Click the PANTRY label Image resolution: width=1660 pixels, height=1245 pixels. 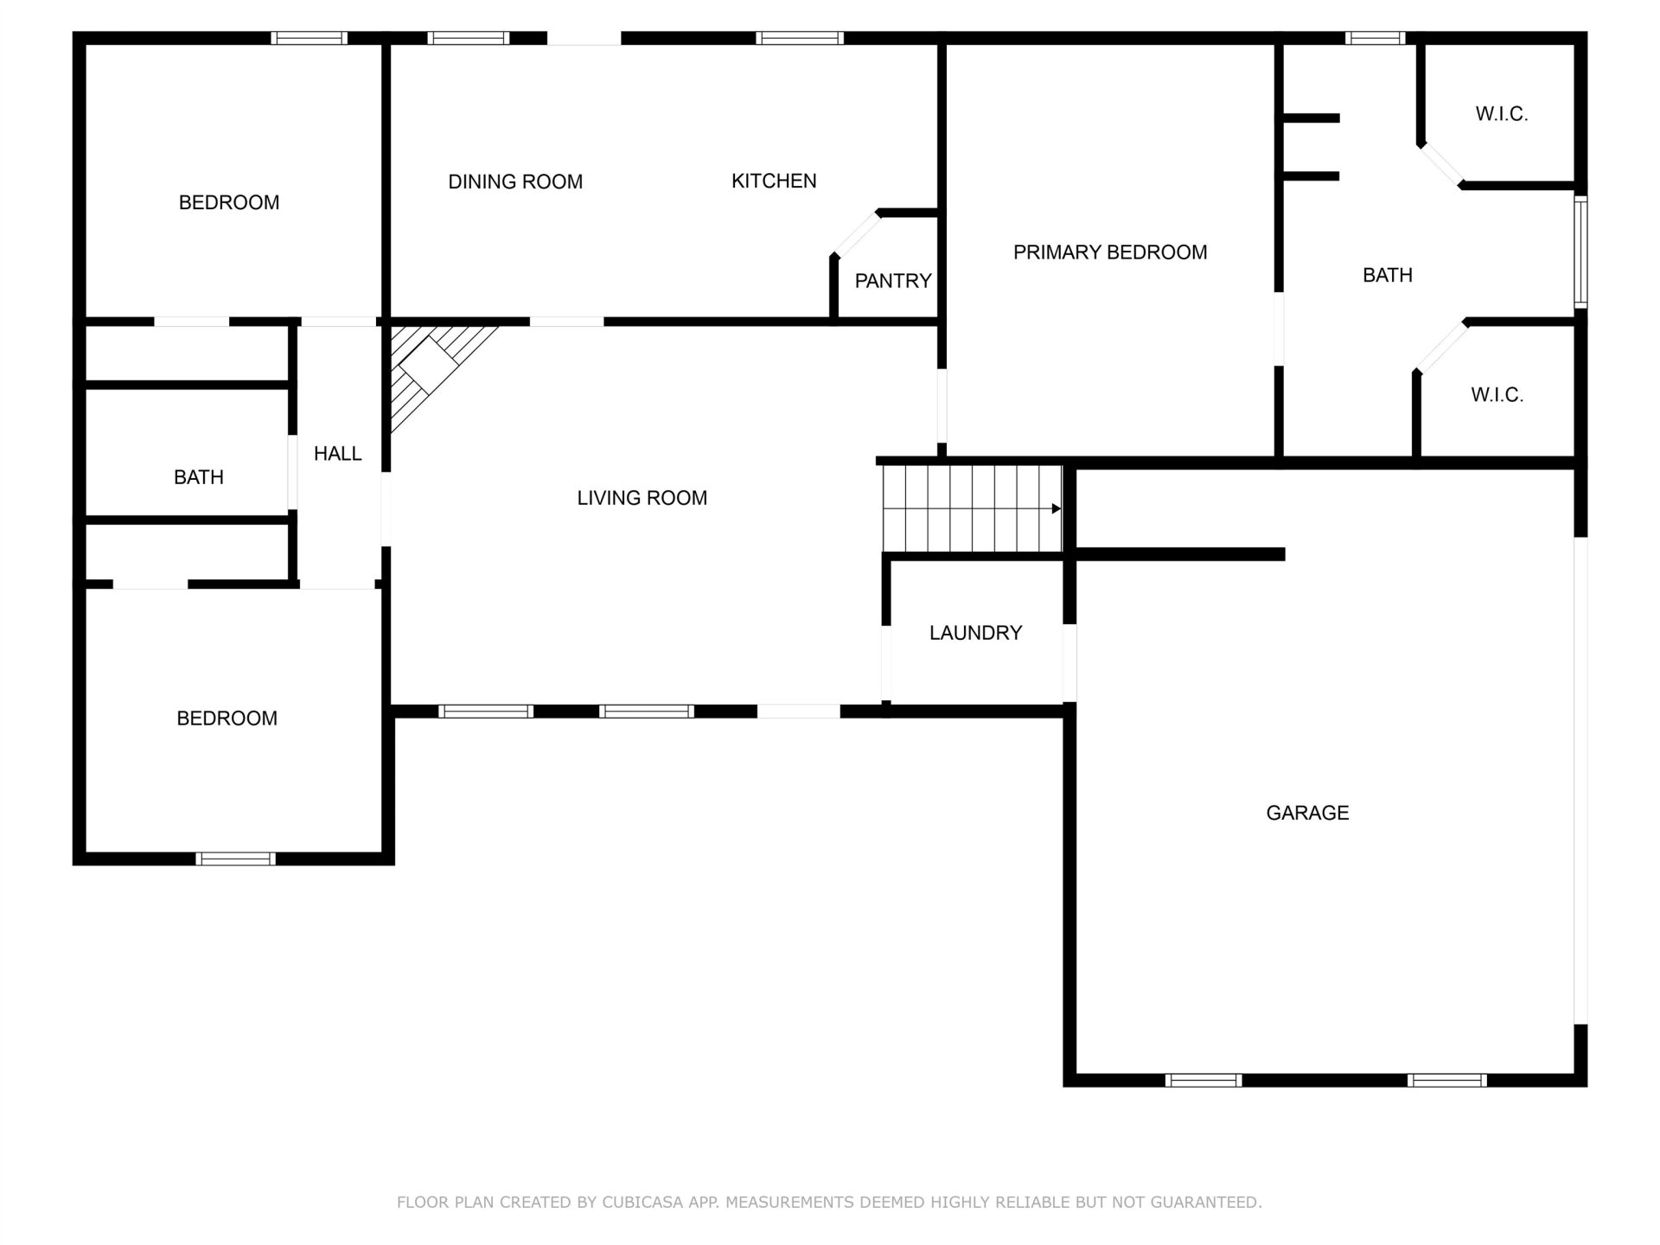893,281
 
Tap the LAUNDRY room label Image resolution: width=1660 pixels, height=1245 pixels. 975,633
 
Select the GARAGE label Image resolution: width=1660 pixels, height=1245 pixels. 1307,813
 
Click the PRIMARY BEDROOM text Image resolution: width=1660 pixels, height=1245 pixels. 1110,252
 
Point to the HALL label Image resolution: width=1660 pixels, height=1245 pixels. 337,454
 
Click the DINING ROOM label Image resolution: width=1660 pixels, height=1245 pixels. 515,182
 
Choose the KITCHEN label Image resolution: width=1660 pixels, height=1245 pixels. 774,181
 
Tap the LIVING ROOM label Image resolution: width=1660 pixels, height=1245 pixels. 642,498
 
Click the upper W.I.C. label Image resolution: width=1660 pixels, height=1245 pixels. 1502,114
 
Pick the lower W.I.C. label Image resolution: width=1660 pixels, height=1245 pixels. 1497,395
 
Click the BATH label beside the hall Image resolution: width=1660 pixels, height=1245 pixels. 199,477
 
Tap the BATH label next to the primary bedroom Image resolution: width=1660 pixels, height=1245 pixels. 1388,275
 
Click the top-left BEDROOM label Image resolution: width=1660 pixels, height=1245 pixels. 229,202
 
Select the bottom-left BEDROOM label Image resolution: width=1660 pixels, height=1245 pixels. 227,718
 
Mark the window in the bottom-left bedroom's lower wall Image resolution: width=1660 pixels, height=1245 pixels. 235,859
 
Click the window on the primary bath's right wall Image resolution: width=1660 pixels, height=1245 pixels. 1580,252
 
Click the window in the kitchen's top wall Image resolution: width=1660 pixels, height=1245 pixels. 800,38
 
